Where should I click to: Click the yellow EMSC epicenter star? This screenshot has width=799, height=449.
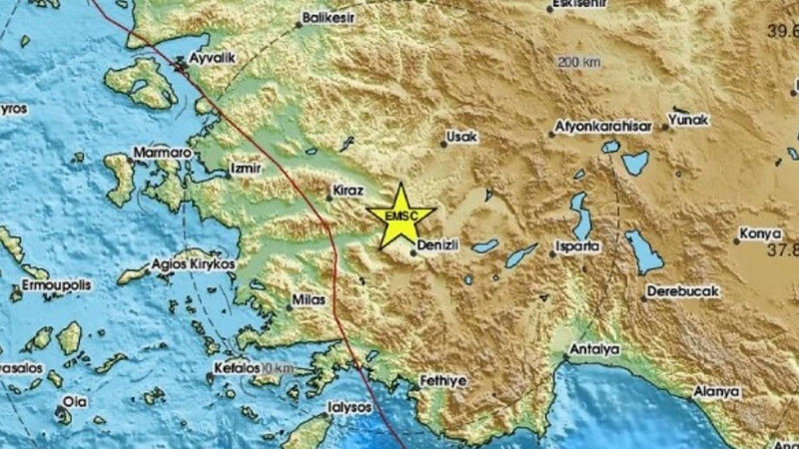(x=400, y=216)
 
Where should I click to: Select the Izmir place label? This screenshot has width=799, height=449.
(x=244, y=168)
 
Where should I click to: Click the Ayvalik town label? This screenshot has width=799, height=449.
(x=211, y=58)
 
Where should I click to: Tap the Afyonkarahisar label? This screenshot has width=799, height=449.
(x=604, y=128)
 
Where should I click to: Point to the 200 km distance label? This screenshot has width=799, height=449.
(x=579, y=63)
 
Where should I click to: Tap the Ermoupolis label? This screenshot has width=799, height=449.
(x=49, y=284)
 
